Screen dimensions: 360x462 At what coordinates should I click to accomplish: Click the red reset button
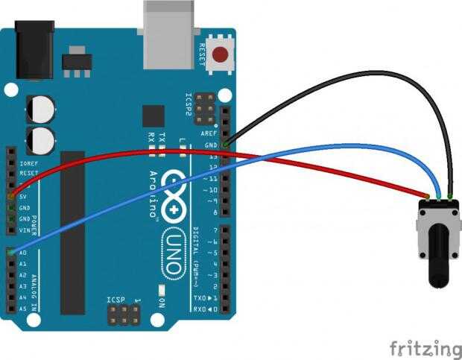[221, 54]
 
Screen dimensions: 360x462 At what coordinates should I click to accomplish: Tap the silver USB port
[169, 34]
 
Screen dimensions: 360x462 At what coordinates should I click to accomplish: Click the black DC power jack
[34, 51]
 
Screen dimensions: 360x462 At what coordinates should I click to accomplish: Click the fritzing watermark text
[425, 348]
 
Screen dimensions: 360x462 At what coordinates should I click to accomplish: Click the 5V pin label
[23, 196]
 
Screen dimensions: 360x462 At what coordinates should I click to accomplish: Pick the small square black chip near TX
[154, 116]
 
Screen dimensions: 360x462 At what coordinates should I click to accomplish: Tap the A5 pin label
[22, 308]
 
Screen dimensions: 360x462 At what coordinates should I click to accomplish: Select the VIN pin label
[23, 230]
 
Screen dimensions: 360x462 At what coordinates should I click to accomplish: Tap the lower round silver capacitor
[42, 140]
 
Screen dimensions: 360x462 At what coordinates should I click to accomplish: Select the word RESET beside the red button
[201, 54]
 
